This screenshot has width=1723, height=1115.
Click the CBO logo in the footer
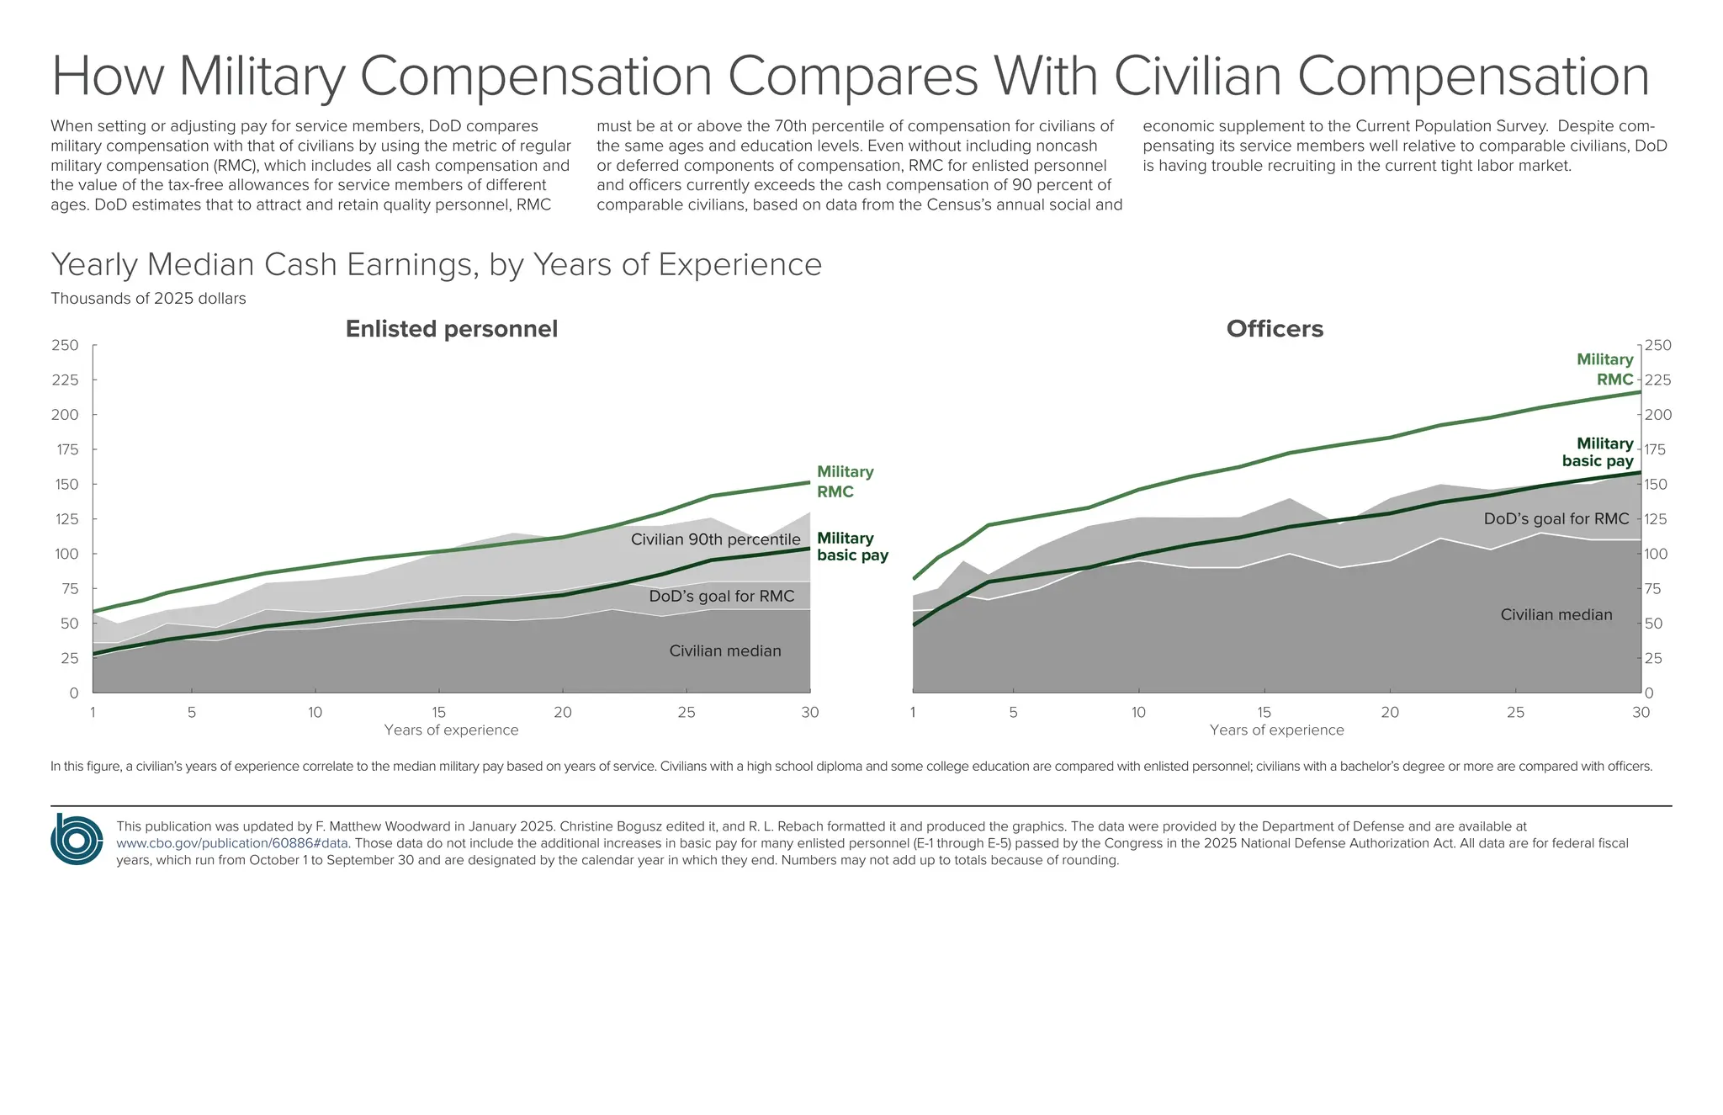(77, 839)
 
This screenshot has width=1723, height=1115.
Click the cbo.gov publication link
(232, 843)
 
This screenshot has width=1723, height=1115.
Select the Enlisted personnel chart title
(451, 329)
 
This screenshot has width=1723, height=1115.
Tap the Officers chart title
(1274, 329)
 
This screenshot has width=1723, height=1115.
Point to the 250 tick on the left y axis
(65, 345)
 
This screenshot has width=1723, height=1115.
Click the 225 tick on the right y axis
(1657, 380)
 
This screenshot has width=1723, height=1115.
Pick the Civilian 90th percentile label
(715, 539)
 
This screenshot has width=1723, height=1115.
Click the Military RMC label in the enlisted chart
(845, 481)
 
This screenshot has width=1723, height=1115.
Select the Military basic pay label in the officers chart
(1598, 452)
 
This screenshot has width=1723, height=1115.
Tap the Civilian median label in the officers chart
(1556, 615)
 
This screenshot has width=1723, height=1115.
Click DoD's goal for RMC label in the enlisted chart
(721, 597)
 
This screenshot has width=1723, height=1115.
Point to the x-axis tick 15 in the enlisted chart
(438, 713)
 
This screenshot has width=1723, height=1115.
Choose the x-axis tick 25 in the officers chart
(1514, 713)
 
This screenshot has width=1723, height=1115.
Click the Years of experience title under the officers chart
(1276, 730)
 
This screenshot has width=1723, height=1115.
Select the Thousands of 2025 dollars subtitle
(148, 299)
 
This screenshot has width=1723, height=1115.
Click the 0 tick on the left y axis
(74, 693)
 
